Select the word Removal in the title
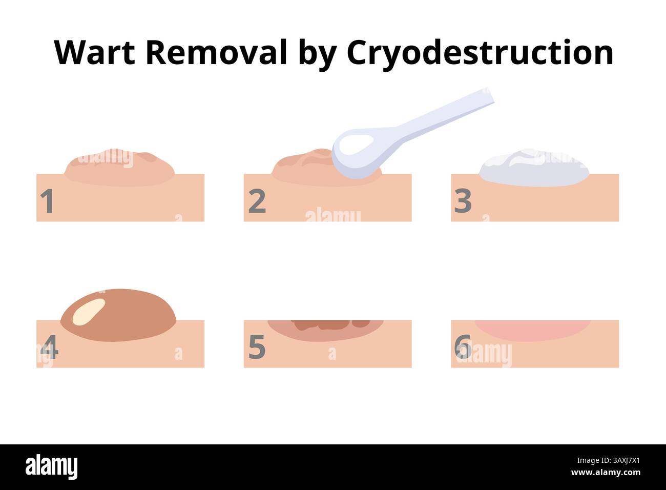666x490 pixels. click(216, 52)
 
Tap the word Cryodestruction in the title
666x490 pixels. click(480, 53)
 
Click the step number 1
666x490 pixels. click(47, 201)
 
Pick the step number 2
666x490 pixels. click(257, 201)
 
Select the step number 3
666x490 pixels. click(463, 201)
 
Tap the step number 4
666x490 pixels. click(49, 348)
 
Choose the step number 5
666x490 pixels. click(257, 348)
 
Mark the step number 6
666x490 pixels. click(463, 348)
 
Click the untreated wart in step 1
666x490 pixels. click(119, 167)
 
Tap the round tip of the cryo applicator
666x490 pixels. click(358, 155)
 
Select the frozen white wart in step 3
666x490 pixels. click(534, 168)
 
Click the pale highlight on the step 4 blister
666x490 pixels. click(89, 312)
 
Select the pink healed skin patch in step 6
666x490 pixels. click(533, 330)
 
